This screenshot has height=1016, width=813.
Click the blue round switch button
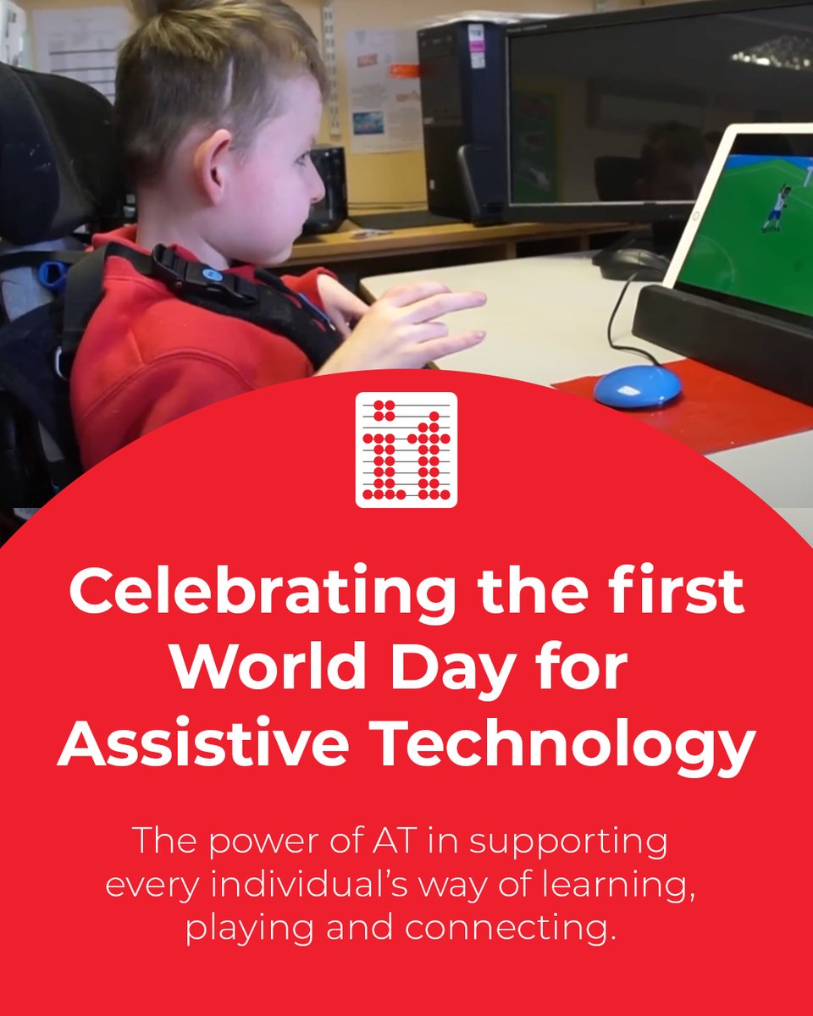(x=637, y=386)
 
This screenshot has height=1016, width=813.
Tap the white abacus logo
(x=406, y=450)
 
